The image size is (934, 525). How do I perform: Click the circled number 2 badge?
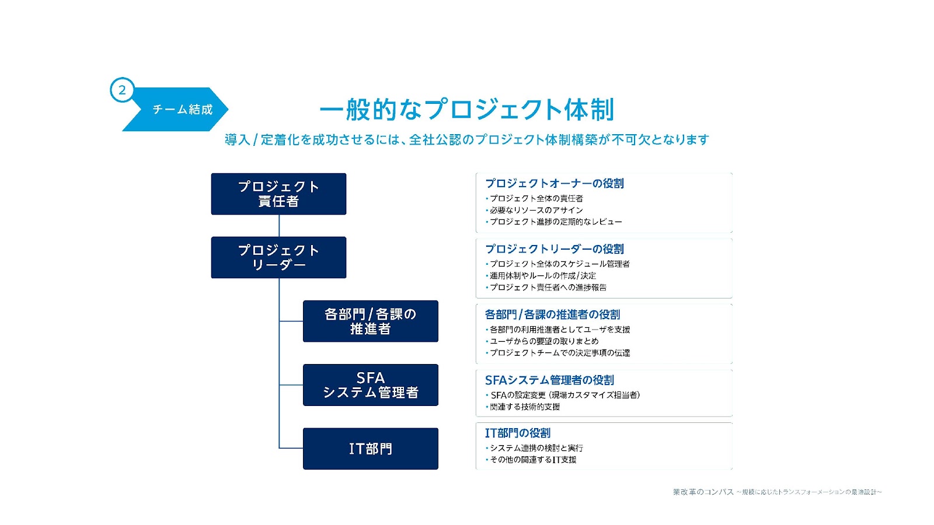click(x=122, y=90)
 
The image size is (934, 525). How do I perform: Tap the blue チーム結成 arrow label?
click(x=182, y=110)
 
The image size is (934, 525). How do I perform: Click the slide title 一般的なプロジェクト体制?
click(x=466, y=110)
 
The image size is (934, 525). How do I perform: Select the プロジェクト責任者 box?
click(x=278, y=194)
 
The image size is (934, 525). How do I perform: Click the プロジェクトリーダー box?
click(x=278, y=257)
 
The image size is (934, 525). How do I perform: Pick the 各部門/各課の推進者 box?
click(x=370, y=321)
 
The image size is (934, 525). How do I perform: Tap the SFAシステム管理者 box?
click(x=370, y=385)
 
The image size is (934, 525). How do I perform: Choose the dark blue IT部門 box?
click(x=370, y=449)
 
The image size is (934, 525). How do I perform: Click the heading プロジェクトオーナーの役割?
click(x=554, y=184)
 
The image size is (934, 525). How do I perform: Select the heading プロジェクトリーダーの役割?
click(x=554, y=249)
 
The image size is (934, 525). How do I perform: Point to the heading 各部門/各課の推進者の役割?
click(x=552, y=315)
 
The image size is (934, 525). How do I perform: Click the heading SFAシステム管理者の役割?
click(x=549, y=380)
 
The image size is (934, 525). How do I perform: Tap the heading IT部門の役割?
click(x=517, y=433)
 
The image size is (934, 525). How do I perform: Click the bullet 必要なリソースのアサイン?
click(x=536, y=210)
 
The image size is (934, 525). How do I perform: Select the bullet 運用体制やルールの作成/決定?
click(x=542, y=276)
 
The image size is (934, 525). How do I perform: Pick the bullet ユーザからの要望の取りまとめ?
click(x=543, y=341)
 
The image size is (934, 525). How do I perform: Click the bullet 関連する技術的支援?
click(x=524, y=407)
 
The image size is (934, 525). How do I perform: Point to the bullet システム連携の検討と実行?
click(x=536, y=448)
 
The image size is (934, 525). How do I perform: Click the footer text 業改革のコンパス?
click(x=703, y=492)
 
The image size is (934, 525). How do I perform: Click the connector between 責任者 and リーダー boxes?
click(x=279, y=226)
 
